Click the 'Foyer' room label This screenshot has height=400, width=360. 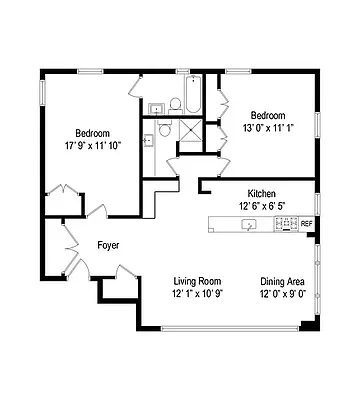[x=109, y=244]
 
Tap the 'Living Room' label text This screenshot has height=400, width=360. [x=196, y=281]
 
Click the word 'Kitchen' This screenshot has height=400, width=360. [x=262, y=193]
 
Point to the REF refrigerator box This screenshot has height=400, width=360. [x=306, y=224]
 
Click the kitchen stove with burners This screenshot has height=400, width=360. [x=285, y=224]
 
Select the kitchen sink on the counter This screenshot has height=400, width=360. [x=250, y=224]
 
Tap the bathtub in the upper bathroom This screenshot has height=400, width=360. [x=192, y=96]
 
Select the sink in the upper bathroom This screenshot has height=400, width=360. [x=157, y=107]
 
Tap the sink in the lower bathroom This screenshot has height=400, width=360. [x=147, y=140]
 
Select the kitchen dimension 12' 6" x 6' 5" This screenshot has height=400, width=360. [x=262, y=205]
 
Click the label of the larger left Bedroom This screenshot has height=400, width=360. [x=92, y=133]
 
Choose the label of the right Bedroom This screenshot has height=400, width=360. [x=268, y=115]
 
